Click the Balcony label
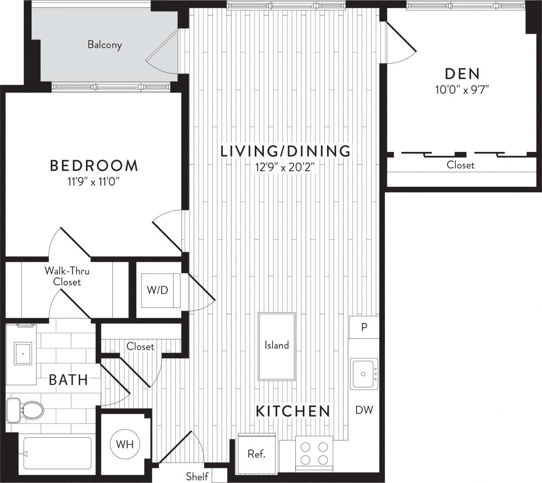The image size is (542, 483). (105, 45)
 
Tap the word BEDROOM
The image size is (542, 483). (94, 165)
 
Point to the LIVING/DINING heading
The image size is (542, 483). (285, 151)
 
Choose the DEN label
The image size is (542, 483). (462, 74)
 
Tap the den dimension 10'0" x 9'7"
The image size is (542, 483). (462, 90)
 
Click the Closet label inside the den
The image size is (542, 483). (460, 165)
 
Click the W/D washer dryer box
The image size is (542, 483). (158, 290)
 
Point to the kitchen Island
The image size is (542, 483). (276, 345)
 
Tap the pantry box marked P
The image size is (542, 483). (364, 327)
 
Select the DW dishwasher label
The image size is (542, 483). (364, 410)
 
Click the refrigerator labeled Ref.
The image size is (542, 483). (257, 454)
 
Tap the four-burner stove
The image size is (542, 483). (314, 453)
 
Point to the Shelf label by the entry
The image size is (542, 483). (197, 477)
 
